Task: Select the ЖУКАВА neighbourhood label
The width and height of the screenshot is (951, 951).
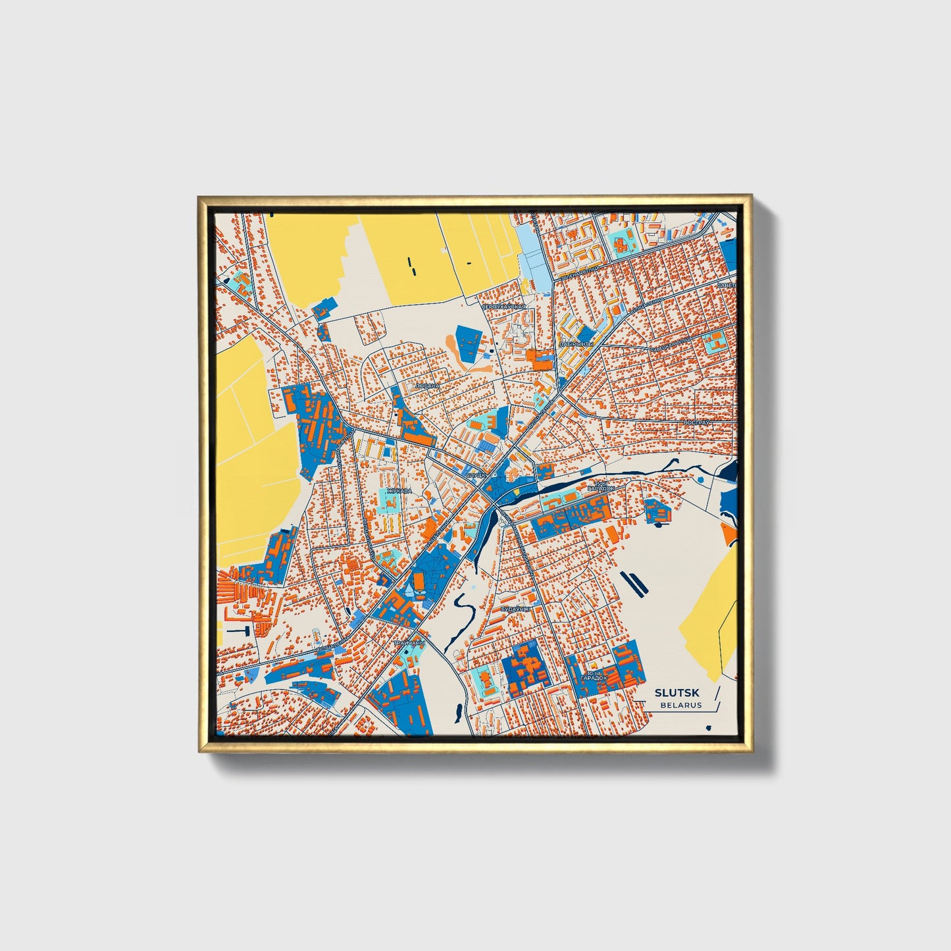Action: coord(399,490)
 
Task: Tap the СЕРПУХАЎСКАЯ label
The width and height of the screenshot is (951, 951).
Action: coord(505,307)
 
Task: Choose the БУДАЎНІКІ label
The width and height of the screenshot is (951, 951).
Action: coord(515,609)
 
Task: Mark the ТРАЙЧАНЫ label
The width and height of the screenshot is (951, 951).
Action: coord(409,642)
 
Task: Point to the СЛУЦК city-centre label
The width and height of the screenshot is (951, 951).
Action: coord(475,474)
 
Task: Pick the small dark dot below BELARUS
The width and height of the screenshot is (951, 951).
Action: coord(708,727)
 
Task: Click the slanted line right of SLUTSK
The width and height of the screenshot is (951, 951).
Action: coord(715,698)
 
